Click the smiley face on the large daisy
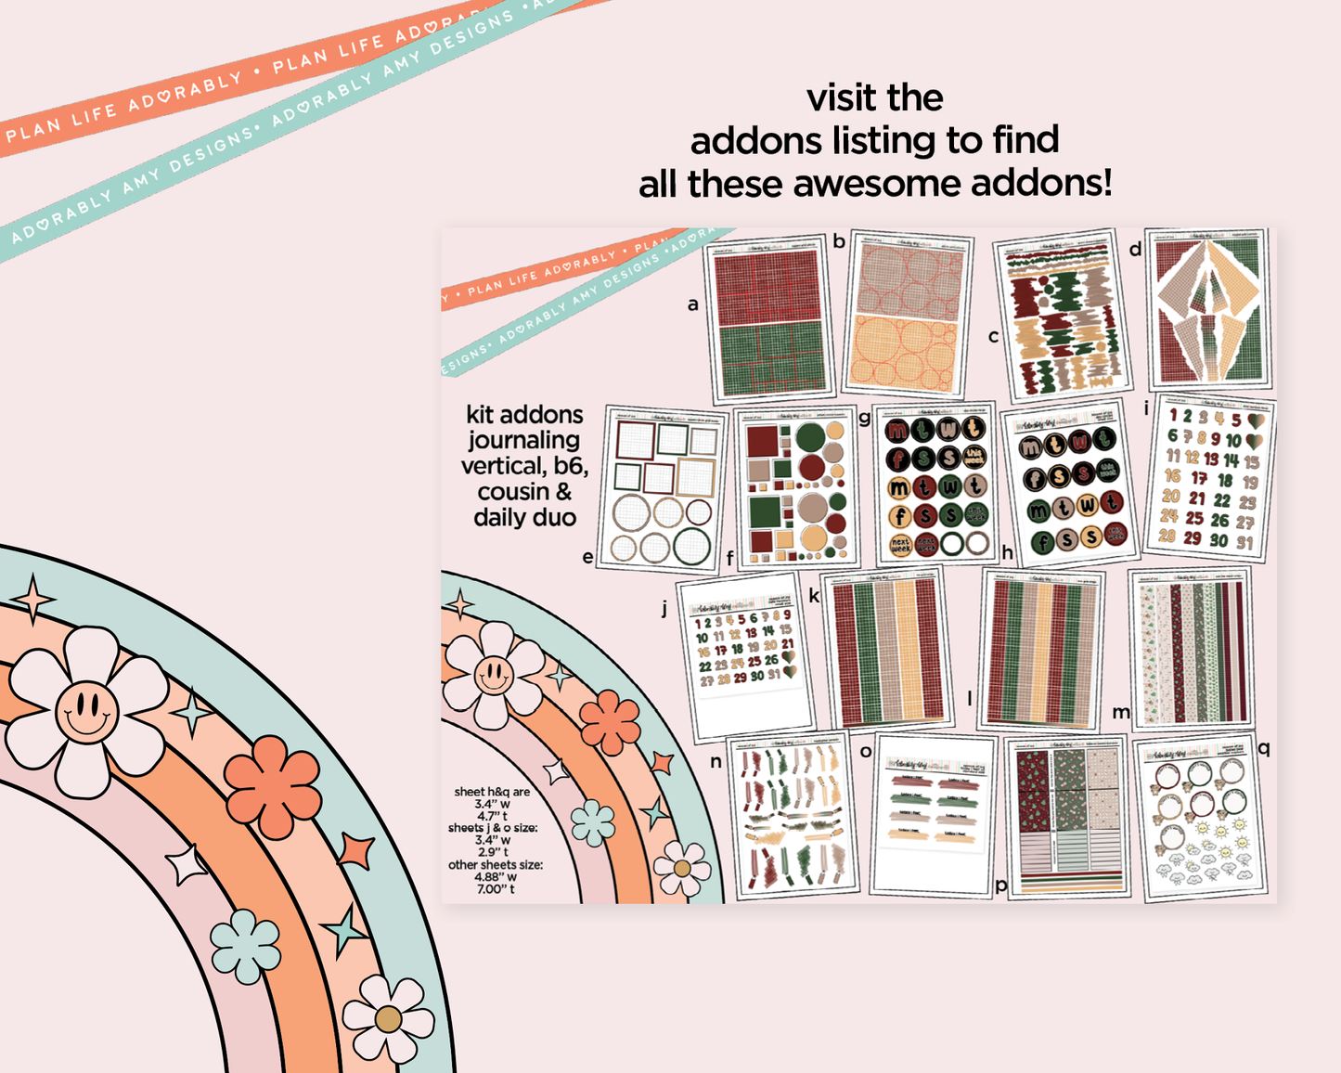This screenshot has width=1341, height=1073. pos(86,712)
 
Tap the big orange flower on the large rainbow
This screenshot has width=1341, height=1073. pos(272,786)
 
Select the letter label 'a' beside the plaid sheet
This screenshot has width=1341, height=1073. pos(692,304)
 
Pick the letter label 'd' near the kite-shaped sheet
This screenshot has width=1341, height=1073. pos(1135,249)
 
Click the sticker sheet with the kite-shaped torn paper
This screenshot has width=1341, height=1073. pos(1209,309)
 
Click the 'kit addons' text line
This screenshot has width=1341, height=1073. pos(524,415)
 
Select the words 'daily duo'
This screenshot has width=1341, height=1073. pos(524,518)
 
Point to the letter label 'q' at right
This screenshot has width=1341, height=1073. pos(1263,747)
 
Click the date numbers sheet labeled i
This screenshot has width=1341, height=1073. pos(1211,477)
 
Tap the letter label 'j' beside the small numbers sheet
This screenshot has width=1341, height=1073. pos(664,609)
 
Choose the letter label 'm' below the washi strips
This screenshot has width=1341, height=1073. pos(1121,712)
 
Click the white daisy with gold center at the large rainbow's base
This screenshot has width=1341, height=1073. pos(388,1019)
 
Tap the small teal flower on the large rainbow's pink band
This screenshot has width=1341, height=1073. pos(245,946)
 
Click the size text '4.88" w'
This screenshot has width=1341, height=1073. pos(495,876)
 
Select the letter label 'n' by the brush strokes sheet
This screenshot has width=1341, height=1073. pos(716,761)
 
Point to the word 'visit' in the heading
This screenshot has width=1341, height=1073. pos(841,97)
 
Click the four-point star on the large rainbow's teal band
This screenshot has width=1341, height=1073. pos(34,599)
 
